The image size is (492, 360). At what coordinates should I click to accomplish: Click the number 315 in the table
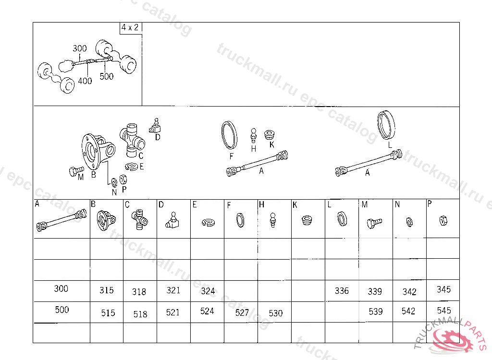point(107,290)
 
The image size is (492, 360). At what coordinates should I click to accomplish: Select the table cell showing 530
point(276,313)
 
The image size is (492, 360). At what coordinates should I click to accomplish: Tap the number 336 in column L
point(342,291)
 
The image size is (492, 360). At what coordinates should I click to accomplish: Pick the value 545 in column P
point(444,311)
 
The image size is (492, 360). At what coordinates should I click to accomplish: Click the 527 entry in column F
point(242,313)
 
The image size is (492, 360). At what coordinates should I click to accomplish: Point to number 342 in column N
point(409,292)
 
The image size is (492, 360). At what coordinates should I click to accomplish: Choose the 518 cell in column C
point(140,314)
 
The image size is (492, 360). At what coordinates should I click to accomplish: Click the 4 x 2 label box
point(130,28)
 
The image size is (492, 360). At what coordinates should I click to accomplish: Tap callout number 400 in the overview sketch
point(85,81)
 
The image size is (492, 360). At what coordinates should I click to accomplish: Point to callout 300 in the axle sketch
point(80,48)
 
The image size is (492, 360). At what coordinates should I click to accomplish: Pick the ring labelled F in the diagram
point(229,134)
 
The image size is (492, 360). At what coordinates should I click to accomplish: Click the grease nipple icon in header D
point(173,220)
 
